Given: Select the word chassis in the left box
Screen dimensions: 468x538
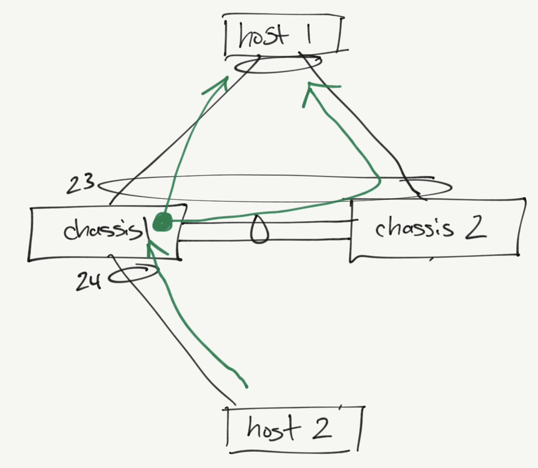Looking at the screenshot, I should (x=102, y=230).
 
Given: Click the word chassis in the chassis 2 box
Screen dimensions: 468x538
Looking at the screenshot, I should (x=413, y=228).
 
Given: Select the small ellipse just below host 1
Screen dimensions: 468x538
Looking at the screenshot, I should (x=277, y=65).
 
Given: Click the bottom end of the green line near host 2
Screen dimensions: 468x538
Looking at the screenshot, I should (x=246, y=385).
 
